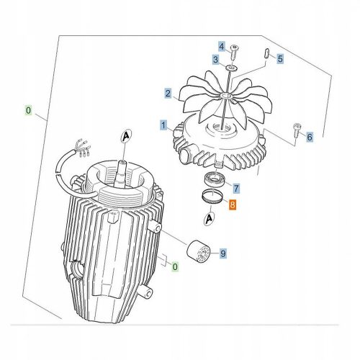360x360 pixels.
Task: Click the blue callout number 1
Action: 163,125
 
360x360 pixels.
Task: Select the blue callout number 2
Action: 168,94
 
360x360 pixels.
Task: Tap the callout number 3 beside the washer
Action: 216,59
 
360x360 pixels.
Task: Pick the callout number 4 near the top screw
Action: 222,46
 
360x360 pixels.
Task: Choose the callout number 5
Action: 280,58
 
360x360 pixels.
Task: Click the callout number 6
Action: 310,137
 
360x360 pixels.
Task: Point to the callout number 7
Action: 236,189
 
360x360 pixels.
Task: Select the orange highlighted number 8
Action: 233,205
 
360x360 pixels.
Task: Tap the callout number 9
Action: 223,253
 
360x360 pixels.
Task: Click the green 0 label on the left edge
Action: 28,111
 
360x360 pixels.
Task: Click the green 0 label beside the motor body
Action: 175,266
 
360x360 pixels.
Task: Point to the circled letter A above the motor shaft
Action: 126,137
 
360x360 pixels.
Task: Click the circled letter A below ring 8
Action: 210,219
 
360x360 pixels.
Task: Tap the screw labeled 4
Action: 233,52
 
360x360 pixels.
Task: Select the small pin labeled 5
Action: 266,53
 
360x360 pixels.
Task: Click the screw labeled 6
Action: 297,130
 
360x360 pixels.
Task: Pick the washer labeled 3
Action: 232,68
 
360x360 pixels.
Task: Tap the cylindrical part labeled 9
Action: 198,251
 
